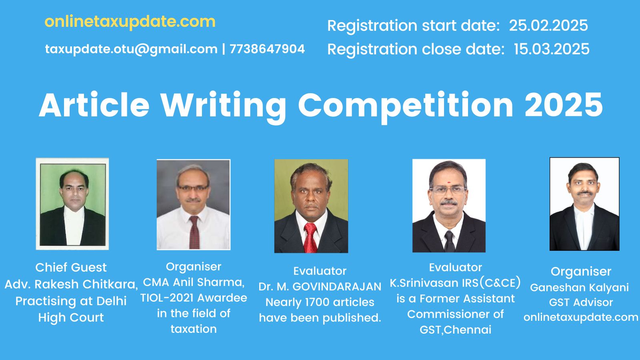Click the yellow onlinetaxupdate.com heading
point(130,22)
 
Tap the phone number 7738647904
point(267,49)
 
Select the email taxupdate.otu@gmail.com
point(131,50)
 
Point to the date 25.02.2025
point(548,26)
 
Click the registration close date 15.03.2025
point(552,49)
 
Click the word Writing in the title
point(223,106)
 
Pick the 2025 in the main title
point(564,105)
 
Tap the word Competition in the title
point(406,106)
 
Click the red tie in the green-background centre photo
point(310,238)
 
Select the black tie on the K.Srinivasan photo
point(449,241)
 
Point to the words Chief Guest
point(71,268)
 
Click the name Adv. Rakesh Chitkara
point(71,284)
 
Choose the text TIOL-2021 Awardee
point(194,298)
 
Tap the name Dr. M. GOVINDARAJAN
point(320,286)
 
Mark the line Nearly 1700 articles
point(320,302)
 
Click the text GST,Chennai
point(456,330)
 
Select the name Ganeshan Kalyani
point(580,288)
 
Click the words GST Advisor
point(581,302)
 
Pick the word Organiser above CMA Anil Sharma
point(194,267)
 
